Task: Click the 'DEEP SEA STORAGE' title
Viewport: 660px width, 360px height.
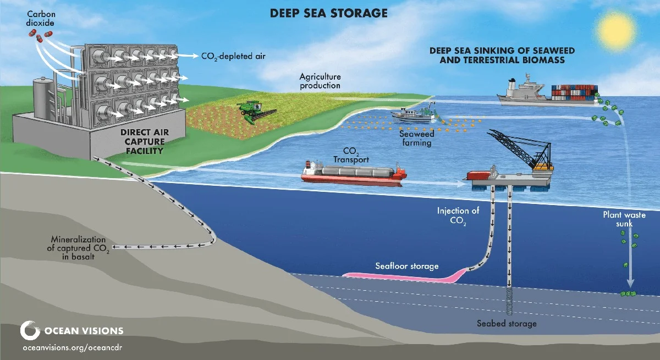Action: tap(329, 13)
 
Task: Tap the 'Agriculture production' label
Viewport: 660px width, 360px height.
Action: tap(320, 81)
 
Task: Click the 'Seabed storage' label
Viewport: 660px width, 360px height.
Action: tap(507, 323)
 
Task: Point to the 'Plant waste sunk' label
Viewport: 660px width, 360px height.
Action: tap(624, 219)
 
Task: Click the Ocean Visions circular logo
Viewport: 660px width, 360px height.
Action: tap(30, 331)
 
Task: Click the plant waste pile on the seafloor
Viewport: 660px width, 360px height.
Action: tap(628, 294)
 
